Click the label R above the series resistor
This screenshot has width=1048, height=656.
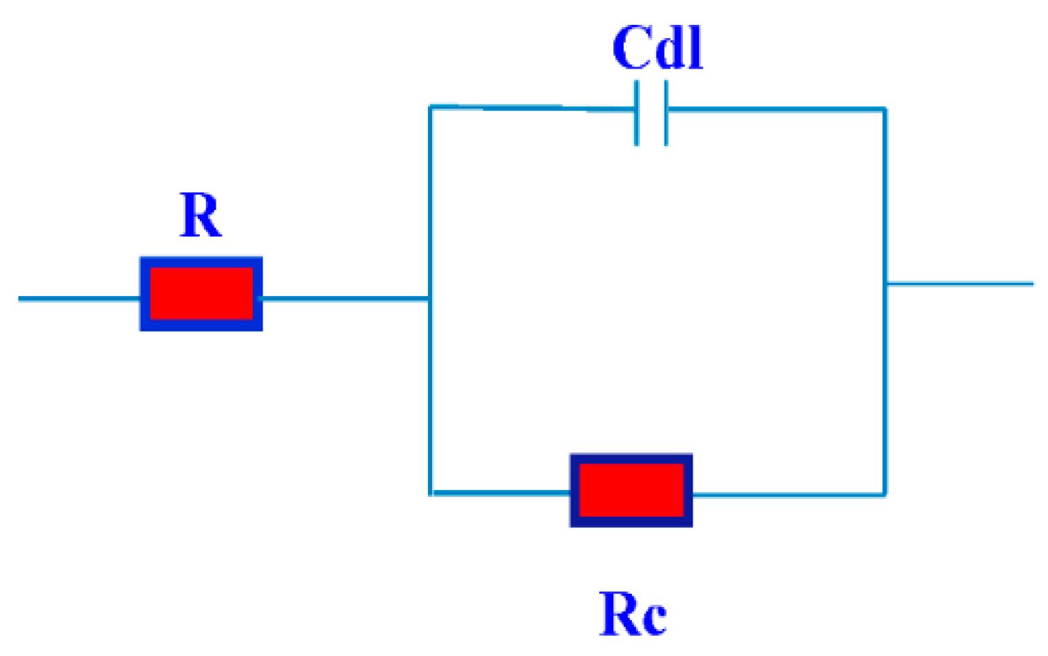click(x=200, y=215)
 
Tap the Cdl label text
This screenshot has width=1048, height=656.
click(x=657, y=48)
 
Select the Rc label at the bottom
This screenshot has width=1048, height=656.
click(x=633, y=614)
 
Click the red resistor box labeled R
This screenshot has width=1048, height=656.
click(x=201, y=294)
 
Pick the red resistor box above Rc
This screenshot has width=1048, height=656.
click(x=631, y=490)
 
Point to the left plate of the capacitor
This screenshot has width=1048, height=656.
click(x=637, y=113)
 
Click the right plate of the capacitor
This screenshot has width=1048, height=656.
click(x=666, y=113)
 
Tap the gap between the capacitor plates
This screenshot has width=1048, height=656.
click(x=651, y=113)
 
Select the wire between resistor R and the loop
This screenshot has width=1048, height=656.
click(x=346, y=299)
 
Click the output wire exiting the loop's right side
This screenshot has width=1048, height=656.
click(x=961, y=284)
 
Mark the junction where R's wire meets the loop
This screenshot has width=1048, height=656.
click(x=430, y=299)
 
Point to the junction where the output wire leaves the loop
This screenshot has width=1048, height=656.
click(x=886, y=284)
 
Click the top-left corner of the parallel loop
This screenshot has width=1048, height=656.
click(x=430, y=107)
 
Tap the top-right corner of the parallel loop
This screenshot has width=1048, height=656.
click(x=885, y=109)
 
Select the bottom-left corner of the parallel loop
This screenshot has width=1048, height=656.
click(x=431, y=493)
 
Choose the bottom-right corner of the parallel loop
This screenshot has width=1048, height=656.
click(x=885, y=495)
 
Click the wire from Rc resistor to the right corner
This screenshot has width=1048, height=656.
click(x=788, y=495)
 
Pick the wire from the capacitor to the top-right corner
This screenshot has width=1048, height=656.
click(x=774, y=109)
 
